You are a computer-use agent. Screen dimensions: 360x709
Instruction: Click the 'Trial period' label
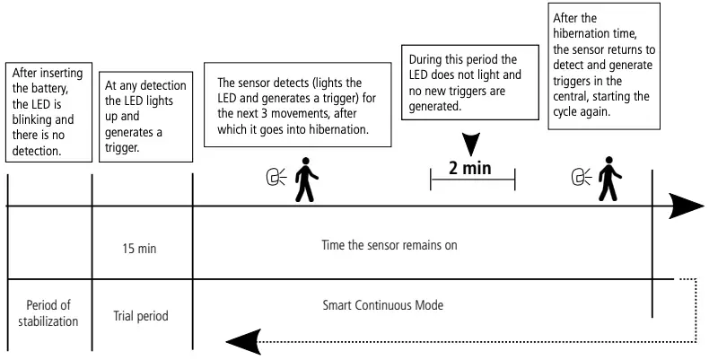click(x=142, y=316)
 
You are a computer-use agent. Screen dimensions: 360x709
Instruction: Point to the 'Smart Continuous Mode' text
click(x=383, y=305)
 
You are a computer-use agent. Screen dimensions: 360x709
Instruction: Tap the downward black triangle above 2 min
click(x=470, y=142)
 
